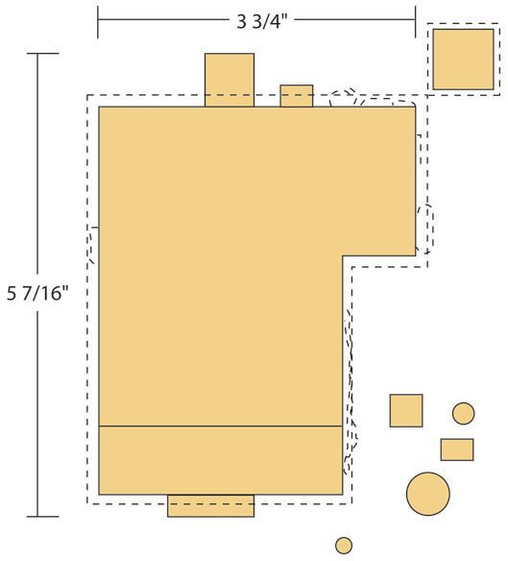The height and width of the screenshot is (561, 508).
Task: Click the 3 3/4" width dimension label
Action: [262, 22]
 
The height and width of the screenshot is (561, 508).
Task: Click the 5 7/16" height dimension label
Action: [37, 294]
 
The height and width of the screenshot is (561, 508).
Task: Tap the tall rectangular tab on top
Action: [230, 80]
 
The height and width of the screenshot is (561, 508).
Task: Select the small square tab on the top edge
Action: [296, 96]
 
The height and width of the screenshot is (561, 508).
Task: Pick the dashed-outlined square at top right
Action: [463, 60]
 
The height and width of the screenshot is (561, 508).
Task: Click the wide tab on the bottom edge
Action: [210, 505]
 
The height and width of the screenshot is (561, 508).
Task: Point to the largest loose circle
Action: [428, 494]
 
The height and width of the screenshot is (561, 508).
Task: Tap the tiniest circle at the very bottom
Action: [344, 546]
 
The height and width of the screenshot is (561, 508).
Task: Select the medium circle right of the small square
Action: [463, 414]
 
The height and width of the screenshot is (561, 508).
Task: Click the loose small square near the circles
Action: [406, 411]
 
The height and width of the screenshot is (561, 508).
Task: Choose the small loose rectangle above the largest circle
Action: [457, 450]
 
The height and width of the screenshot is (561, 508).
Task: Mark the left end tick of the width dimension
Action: [98, 22]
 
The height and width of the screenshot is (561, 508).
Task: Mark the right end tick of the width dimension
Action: [416, 22]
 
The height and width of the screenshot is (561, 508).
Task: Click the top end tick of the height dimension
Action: [43, 54]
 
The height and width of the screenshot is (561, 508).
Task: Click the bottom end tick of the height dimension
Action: [43, 517]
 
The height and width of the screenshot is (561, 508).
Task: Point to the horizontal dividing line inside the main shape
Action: [220, 427]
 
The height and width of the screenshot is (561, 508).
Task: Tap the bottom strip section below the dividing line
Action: [220, 460]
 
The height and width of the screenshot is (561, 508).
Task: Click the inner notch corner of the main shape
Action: [343, 256]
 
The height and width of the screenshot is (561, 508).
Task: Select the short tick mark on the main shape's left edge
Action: [95, 228]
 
